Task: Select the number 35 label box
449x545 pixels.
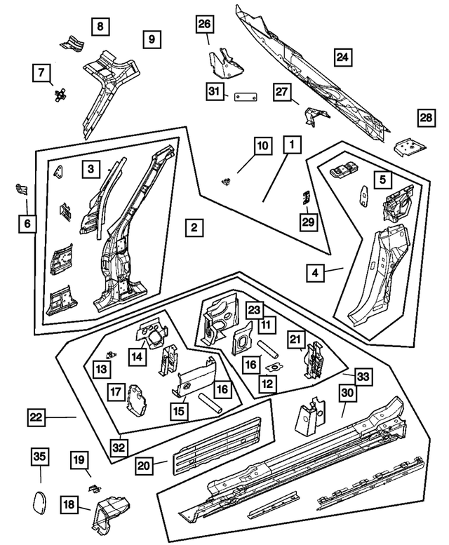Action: pyautogui.click(x=41, y=458)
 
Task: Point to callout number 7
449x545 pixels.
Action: pyautogui.click(x=41, y=72)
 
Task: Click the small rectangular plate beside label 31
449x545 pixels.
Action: pyautogui.click(x=243, y=97)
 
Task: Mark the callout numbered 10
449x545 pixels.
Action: pyautogui.click(x=262, y=146)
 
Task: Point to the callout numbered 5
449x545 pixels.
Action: pyautogui.click(x=382, y=180)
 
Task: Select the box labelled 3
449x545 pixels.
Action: pyautogui.click(x=91, y=168)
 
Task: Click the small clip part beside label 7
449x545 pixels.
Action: pyautogui.click(x=58, y=94)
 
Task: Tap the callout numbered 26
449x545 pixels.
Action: pyautogui.click(x=204, y=26)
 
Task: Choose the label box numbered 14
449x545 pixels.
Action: pyautogui.click(x=138, y=358)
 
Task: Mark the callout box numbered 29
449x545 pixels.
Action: pyautogui.click(x=308, y=222)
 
